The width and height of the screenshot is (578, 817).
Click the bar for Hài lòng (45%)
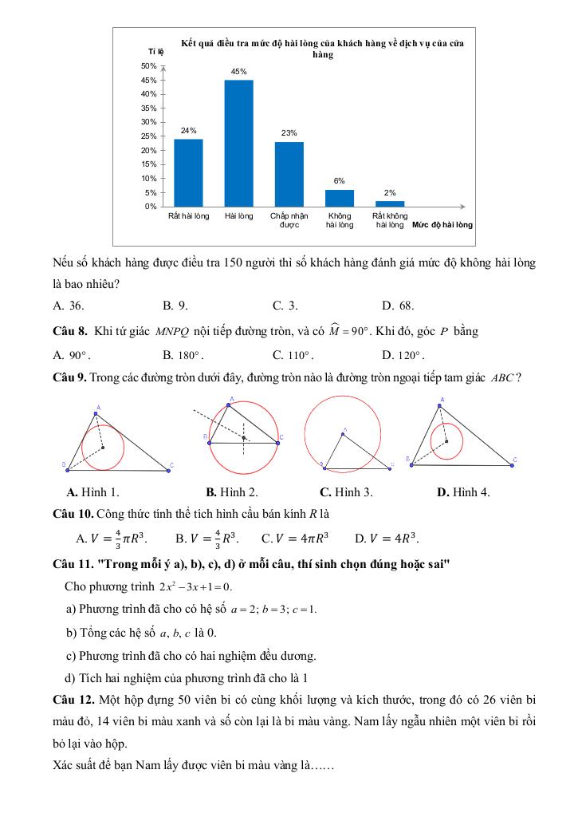pyautogui.click(x=238, y=144)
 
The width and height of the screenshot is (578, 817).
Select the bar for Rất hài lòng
pyautogui.click(x=188, y=172)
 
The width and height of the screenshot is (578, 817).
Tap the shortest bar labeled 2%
pyautogui.click(x=390, y=203)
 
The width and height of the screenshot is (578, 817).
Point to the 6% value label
pyautogui.click(x=339, y=181)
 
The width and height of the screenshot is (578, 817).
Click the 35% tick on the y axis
pyautogui.click(x=148, y=109)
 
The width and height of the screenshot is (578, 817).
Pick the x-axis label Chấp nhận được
pyautogui.click(x=289, y=220)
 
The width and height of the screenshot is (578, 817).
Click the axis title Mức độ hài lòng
pyautogui.click(x=442, y=225)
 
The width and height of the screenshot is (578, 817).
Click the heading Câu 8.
pyautogui.click(x=69, y=330)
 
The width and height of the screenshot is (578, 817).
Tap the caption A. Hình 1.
pyautogui.click(x=93, y=492)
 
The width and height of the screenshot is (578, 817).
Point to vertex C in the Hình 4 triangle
pyautogui.click(x=514, y=460)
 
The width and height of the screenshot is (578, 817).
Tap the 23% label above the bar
pyautogui.click(x=289, y=132)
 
